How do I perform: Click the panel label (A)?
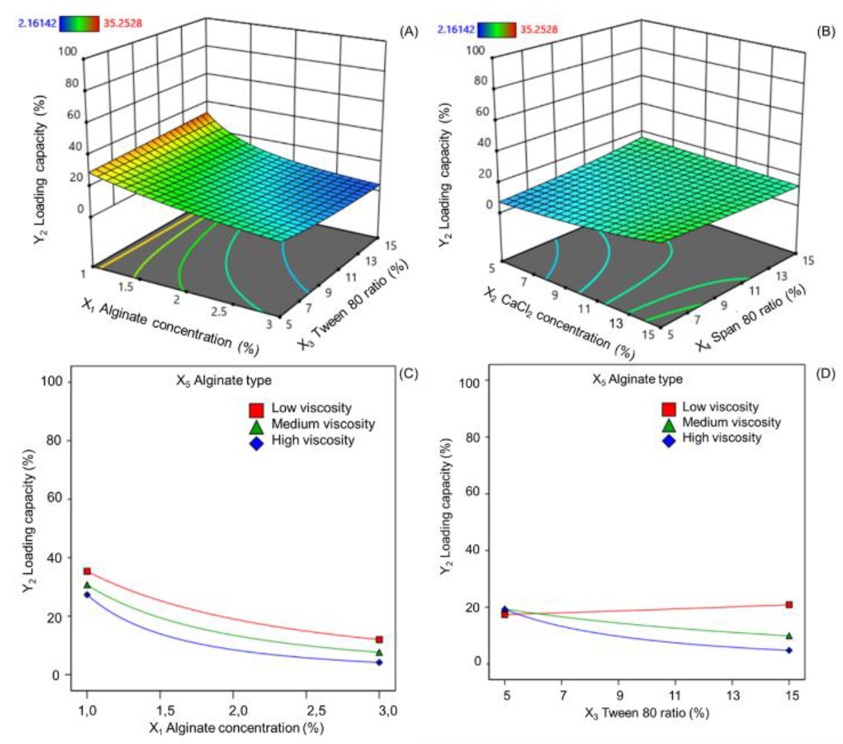(409, 32)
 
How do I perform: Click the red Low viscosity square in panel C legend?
(256, 410)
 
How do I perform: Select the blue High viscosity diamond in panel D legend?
(668, 440)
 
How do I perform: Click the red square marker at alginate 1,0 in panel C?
(87, 571)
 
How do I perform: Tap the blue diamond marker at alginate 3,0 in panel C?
(379, 662)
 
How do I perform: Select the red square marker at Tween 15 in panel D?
(789, 605)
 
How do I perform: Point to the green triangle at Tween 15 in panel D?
(789, 636)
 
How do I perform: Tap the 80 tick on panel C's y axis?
(52, 440)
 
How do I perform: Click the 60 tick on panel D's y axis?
(472, 493)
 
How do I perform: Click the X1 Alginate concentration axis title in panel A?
(169, 326)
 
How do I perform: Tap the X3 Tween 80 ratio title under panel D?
(646, 713)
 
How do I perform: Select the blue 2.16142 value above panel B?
(455, 29)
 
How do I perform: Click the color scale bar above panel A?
(79, 24)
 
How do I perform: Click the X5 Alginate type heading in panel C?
(224, 380)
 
